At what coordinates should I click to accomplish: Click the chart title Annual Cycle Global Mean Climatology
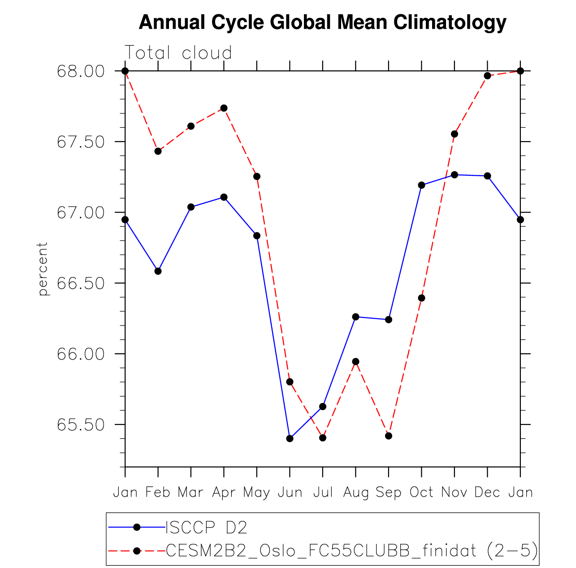click(322, 22)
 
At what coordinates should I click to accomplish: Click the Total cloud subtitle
click(178, 53)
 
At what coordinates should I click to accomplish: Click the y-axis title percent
click(43, 269)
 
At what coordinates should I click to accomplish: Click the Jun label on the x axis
click(290, 493)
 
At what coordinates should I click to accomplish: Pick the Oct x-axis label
click(421, 493)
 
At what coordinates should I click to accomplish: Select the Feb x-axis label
click(158, 493)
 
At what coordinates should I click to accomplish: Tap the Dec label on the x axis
click(487, 493)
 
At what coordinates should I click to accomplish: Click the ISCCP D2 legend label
click(206, 528)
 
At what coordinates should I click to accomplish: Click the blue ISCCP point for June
click(290, 438)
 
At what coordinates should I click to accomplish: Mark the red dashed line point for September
click(389, 436)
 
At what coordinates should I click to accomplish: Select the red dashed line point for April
click(224, 108)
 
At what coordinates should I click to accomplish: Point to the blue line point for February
click(158, 271)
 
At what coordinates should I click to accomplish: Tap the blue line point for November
click(455, 175)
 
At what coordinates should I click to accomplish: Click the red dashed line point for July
click(323, 438)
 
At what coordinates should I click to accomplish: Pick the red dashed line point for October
click(421, 298)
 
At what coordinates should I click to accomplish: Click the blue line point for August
click(356, 317)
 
